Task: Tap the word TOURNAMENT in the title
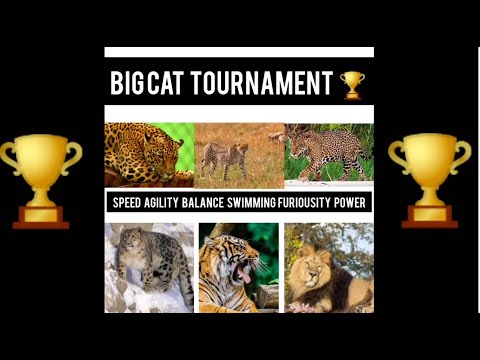coord(262,84)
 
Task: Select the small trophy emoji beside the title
coord(352,84)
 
